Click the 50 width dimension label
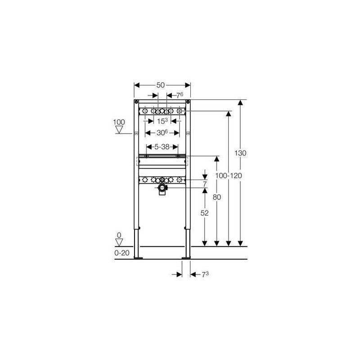161,85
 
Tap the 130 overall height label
240,153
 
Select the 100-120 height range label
229,175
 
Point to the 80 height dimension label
217,197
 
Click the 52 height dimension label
205,213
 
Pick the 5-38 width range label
162,147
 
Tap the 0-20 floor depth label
122,253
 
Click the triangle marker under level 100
119,130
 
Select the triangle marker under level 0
119,243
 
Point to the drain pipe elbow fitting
162,188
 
